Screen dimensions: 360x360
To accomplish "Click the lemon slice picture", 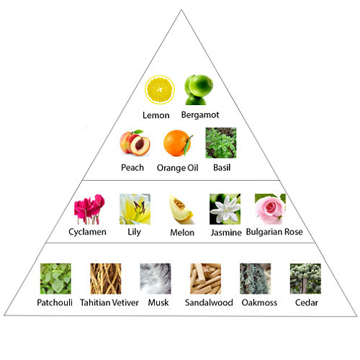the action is coord(160,89).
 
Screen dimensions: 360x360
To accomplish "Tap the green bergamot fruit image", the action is coord(199,90).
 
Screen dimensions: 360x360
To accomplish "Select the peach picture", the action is coord(135,143).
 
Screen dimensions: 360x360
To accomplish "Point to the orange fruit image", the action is coord(178,143).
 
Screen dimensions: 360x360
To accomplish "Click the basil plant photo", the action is coord(221,143).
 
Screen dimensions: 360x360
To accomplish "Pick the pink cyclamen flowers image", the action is coord(89,209).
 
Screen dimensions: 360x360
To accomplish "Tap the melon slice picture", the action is coord(181,209).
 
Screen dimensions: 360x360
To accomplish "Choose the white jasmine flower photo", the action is coord(225,209).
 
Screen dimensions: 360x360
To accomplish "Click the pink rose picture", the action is coord(270,209).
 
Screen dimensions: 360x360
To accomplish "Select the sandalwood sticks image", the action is coord(206,279).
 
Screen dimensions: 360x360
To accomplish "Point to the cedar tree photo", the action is coord(305,279).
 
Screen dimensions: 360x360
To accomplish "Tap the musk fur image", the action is coord(156,279).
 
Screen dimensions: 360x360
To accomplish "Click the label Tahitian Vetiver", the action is coord(109,302).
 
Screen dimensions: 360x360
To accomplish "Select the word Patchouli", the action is coord(55,302).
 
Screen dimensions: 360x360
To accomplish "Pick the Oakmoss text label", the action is coord(259,302).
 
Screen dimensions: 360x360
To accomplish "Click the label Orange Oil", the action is coord(178,168).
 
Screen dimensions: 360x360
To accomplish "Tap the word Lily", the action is coord(134,232).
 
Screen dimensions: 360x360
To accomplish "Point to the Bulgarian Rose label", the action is coord(274,232).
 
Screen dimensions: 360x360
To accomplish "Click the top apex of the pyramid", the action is coord(181,9).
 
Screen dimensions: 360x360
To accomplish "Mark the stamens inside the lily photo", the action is coord(140,207).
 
